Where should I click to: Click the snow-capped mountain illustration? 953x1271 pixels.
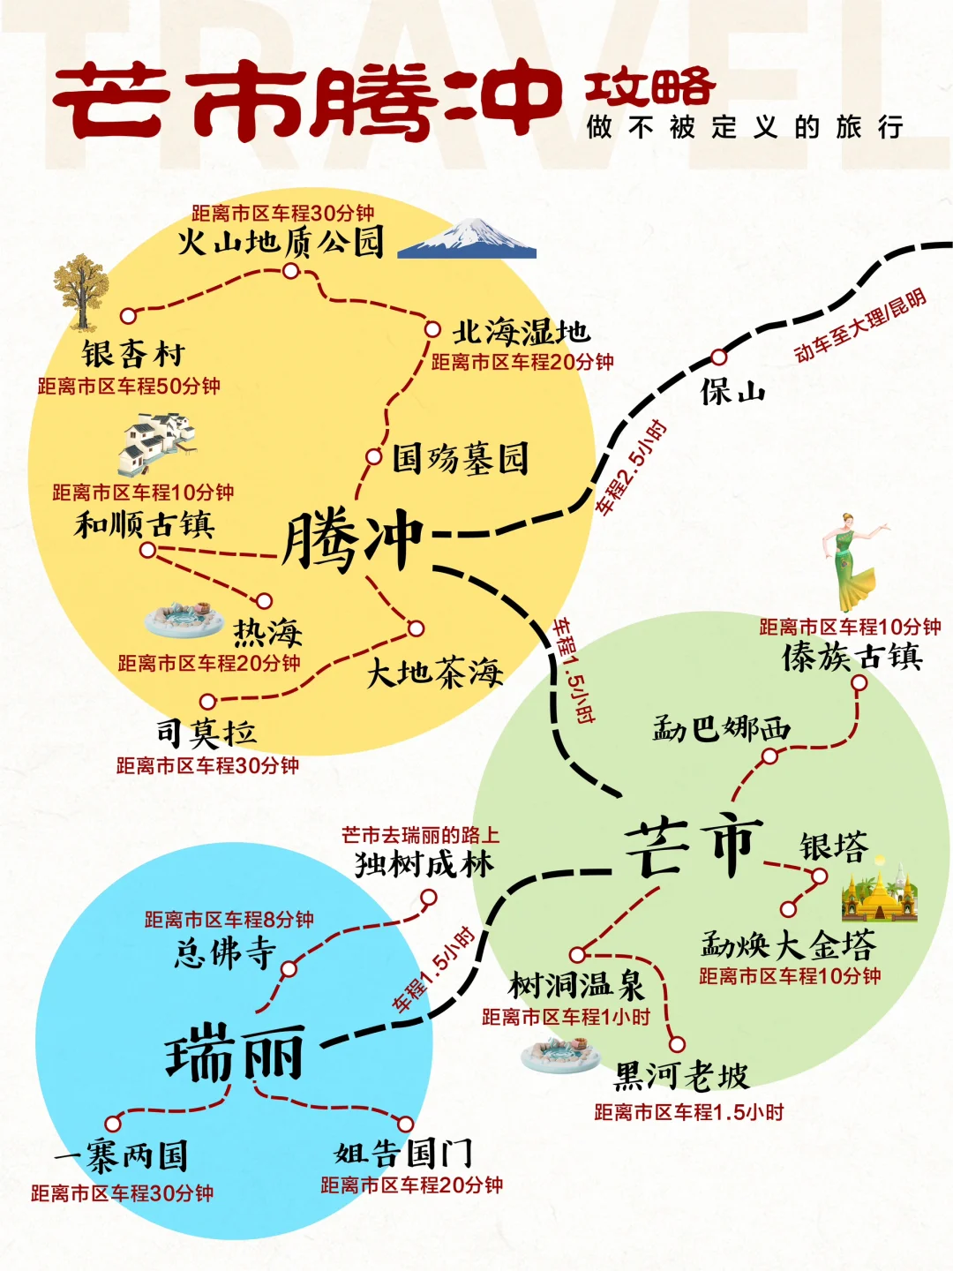point(468,238)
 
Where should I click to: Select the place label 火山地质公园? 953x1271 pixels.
point(281,242)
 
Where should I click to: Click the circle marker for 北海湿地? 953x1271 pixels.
point(432,329)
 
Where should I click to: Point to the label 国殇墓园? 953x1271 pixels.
point(460,459)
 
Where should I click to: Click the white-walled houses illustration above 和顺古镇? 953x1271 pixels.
point(157,444)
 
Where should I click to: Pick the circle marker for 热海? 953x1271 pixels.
point(264,602)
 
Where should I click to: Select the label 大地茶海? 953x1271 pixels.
point(434,673)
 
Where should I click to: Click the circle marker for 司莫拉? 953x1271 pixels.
point(207,702)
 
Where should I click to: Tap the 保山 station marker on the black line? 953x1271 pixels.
point(719,357)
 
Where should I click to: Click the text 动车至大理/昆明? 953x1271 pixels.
point(860,325)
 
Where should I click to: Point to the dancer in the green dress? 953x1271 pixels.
point(852,560)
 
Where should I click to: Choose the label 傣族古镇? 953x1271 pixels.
point(852,658)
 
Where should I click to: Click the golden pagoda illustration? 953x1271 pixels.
point(879,896)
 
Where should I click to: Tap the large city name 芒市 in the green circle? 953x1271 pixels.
point(694,847)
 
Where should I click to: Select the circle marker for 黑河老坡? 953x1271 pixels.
point(677,1044)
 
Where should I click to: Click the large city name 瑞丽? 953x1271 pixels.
point(235,1055)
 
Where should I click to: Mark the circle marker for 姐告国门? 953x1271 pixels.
point(406,1124)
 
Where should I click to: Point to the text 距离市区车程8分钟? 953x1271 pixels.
point(229,920)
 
